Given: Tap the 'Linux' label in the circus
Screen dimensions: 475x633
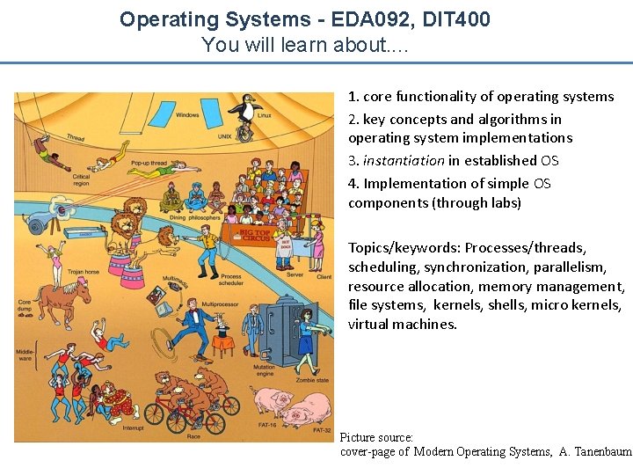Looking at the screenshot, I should click(265, 115).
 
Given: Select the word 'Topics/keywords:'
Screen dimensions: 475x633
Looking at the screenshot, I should click(404, 248).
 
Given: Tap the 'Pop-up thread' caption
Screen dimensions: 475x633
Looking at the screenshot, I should click(148, 164).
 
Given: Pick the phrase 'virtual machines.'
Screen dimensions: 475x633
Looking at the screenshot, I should click(403, 324).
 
